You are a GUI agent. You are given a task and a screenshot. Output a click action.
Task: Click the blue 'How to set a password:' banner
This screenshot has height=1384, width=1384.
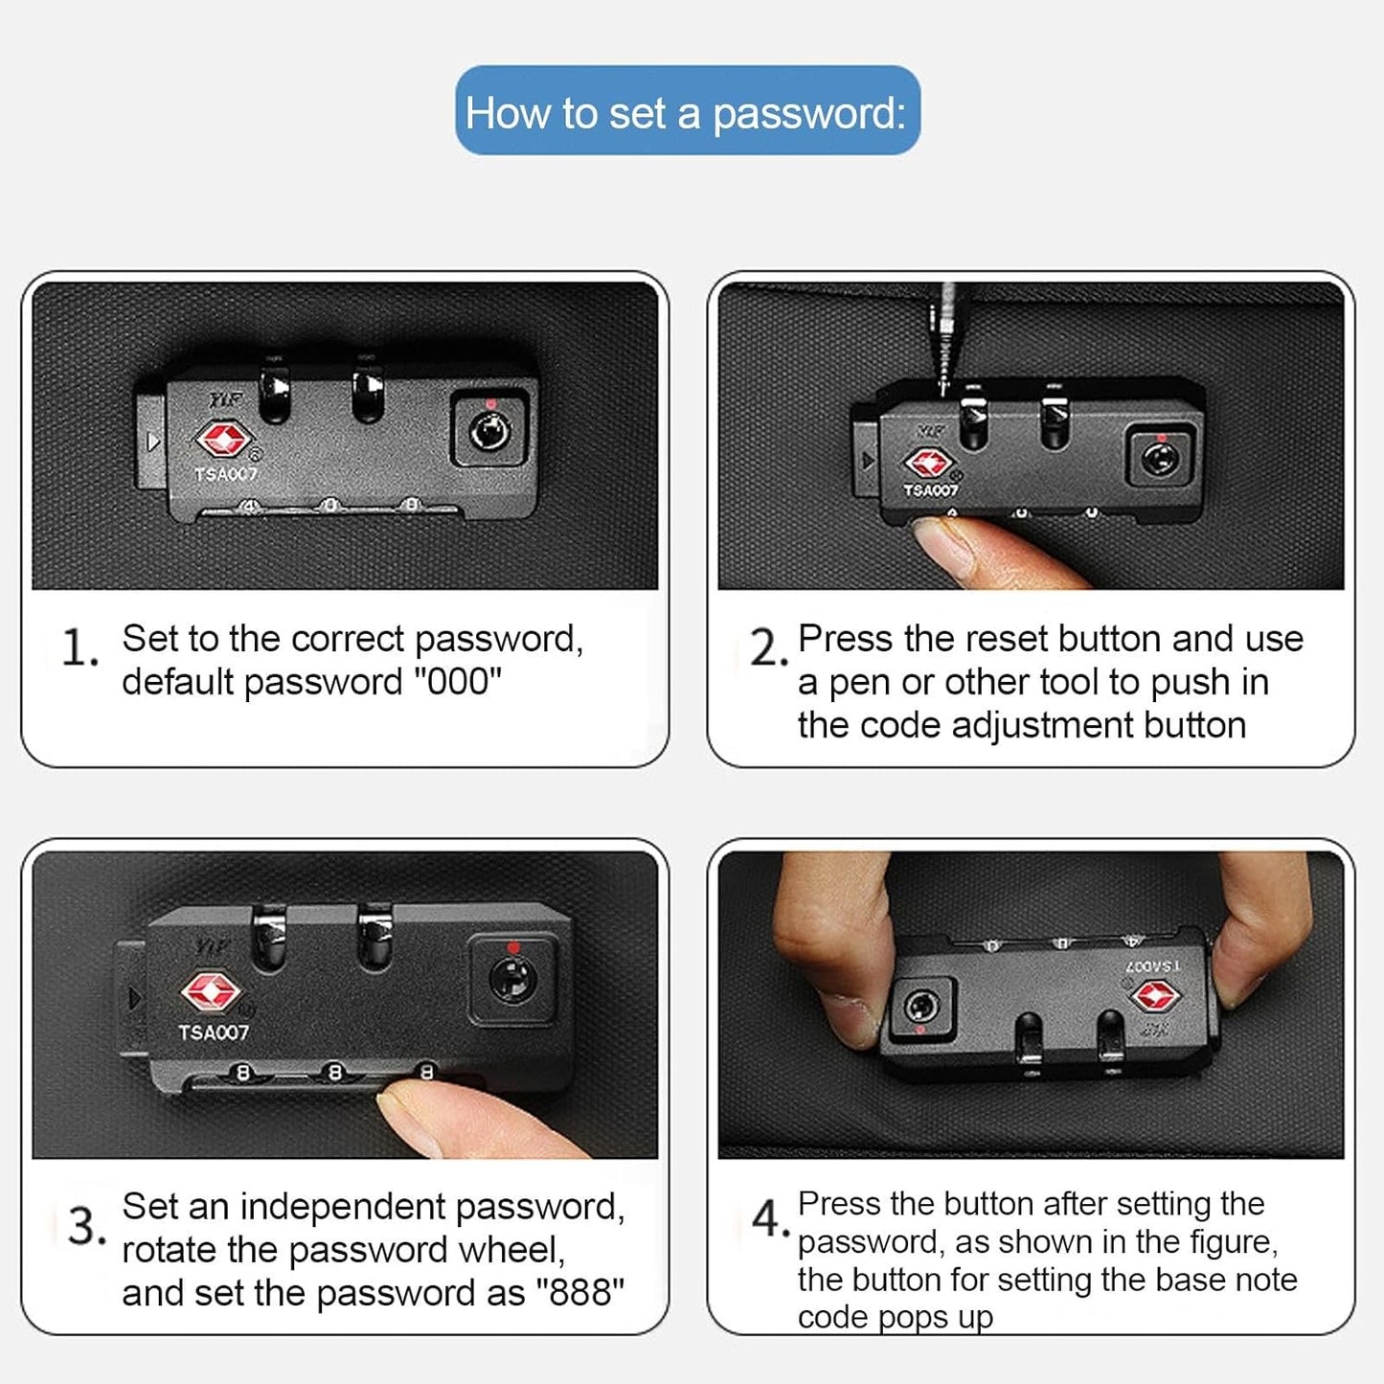click(x=688, y=110)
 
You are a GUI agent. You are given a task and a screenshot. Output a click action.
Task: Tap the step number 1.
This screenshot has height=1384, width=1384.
click(x=79, y=647)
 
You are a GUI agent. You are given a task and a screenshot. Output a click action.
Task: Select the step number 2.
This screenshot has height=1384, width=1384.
click(x=768, y=647)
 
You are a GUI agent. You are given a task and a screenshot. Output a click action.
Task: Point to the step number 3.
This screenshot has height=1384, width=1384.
click(x=86, y=1225)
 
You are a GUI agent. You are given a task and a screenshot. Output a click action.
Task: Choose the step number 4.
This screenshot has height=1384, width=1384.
click(x=771, y=1218)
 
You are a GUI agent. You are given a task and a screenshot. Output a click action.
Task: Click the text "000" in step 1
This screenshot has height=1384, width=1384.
click(x=455, y=681)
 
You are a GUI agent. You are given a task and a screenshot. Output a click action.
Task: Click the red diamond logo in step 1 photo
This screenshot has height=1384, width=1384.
click(x=224, y=440)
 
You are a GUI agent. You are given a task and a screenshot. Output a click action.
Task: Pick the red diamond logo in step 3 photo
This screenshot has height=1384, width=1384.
click(x=210, y=991)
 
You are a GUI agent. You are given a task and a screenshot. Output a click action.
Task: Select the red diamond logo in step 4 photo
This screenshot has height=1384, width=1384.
click(x=1156, y=995)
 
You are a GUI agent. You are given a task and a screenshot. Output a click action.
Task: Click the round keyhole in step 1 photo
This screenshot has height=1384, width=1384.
click(x=489, y=432)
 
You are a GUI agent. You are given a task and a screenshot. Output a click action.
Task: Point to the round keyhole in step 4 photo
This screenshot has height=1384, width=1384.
click(x=921, y=1006)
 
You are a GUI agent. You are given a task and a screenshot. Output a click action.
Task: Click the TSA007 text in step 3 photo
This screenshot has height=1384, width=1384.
click(x=214, y=1032)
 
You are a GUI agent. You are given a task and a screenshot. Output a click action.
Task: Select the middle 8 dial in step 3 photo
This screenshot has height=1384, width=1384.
click(x=334, y=1073)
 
